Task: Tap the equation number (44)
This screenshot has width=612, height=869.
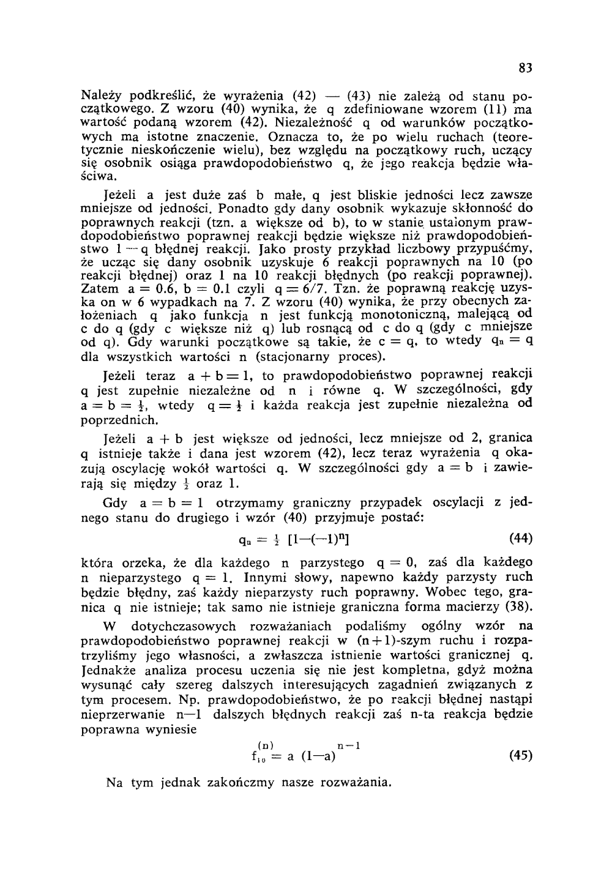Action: coord(521,538)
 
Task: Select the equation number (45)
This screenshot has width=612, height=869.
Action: coord(521,755)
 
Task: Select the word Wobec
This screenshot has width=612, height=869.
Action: coord(449,591)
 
